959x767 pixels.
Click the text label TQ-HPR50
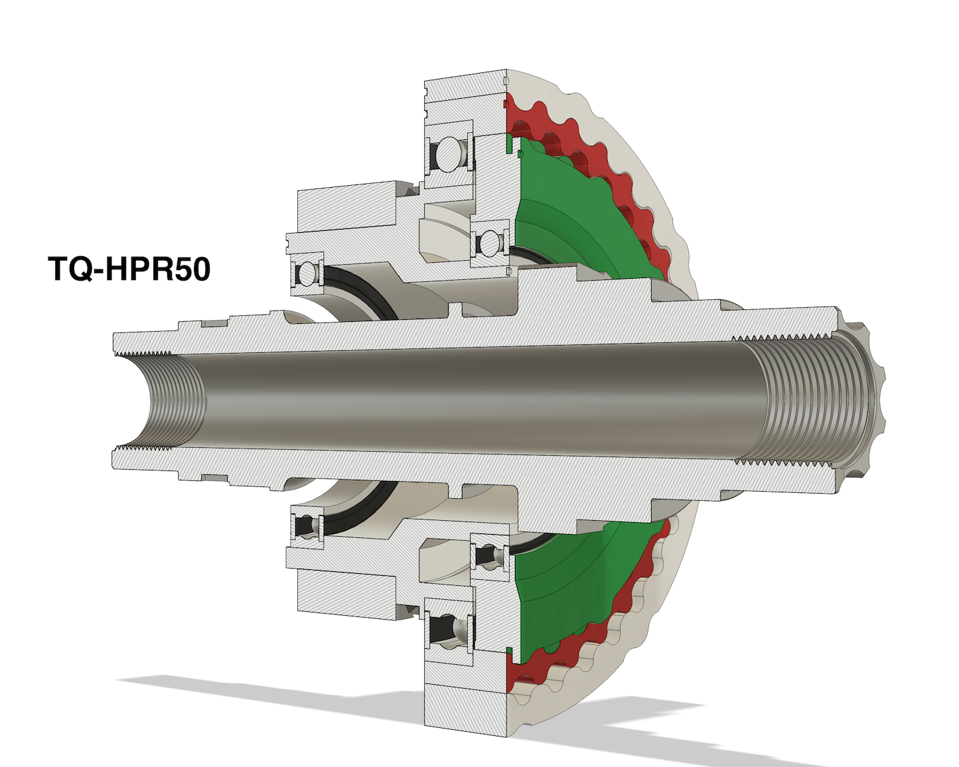(x=129, y=269)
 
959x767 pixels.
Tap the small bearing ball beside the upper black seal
(x=307, y=272)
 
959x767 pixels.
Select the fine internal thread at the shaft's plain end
(x=174, y=401)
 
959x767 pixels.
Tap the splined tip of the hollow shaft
(x=862, y=401)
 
